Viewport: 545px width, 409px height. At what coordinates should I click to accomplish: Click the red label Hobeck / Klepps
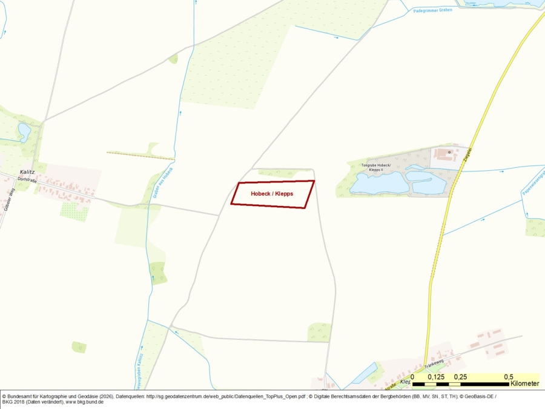(x=272, y=193)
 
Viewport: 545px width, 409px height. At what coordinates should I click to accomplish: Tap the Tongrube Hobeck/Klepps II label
(x=376, y=167)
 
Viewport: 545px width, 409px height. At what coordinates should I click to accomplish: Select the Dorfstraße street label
(x=27, y=179)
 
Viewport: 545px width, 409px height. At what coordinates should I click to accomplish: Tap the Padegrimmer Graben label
(x=433, y=10)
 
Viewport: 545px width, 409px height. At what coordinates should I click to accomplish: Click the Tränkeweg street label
(x=434, y=362)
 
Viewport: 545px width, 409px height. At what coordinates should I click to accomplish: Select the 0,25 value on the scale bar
(x=460, y=377)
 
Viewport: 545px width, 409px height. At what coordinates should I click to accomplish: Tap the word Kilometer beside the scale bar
(x=524, y=384)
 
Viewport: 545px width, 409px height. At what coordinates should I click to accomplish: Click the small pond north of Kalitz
(x=24, y=131)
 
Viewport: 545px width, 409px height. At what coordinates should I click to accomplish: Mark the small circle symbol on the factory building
(x=449, y=151)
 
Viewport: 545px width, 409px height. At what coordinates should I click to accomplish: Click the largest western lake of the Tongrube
(x=379, y=182)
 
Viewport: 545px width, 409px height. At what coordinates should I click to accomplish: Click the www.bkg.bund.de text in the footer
(x=84, y=402)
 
